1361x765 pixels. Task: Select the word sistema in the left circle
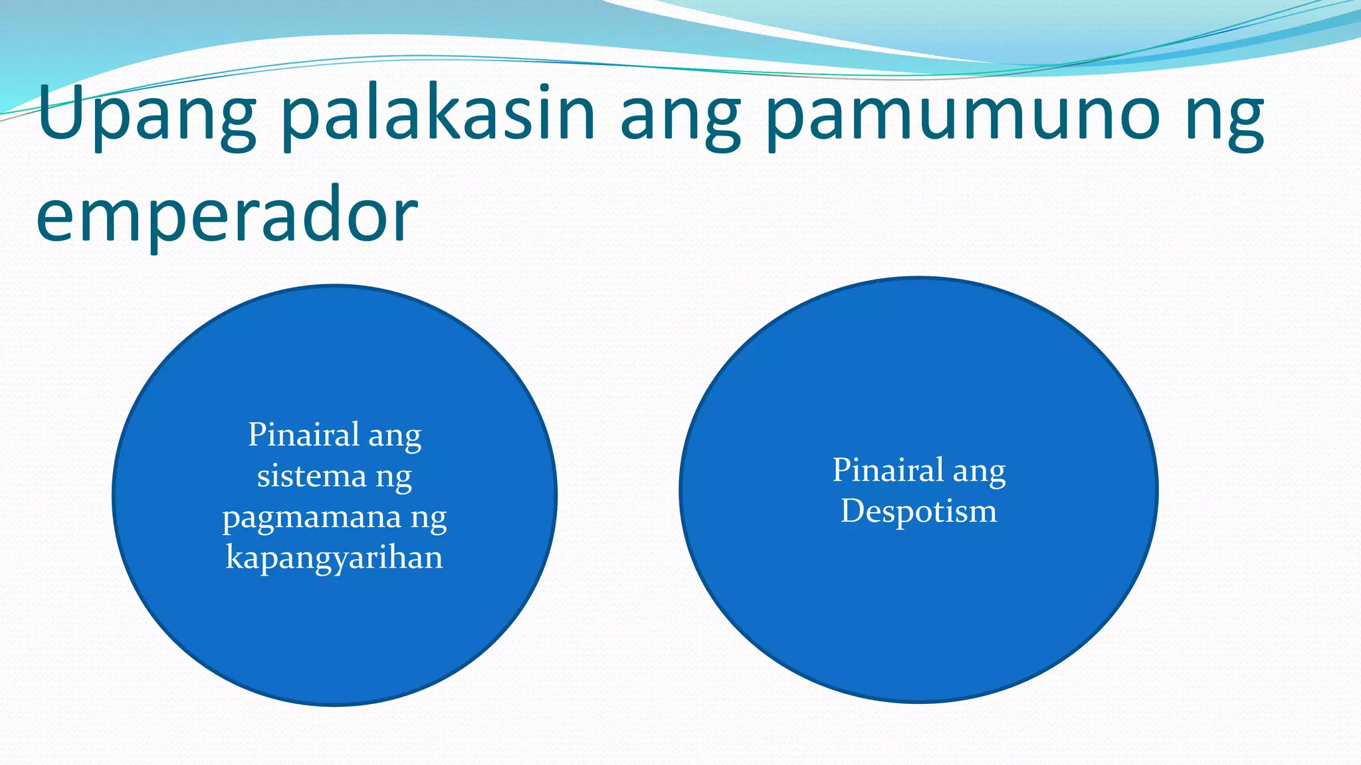tap(311, 476)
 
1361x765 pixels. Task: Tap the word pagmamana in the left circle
tap(312, 518)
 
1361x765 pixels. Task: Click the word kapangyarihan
tap(334, 558)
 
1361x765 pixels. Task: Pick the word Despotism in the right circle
tap(918, 511)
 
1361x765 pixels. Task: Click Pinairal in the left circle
tap(303, 435)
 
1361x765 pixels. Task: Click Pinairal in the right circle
tap(888, 470)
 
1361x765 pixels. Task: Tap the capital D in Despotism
tap(853, 511)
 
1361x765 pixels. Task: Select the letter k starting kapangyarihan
tap(233, 556)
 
